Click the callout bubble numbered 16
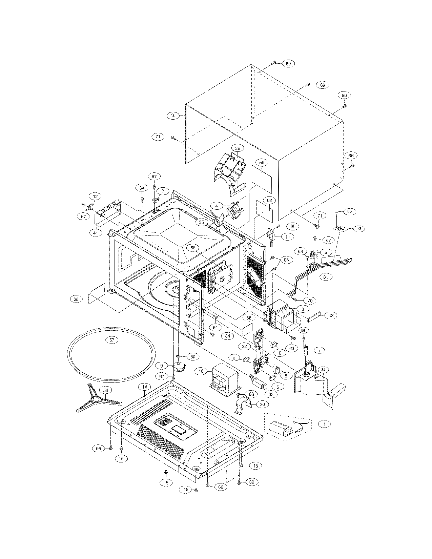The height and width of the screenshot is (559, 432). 173,116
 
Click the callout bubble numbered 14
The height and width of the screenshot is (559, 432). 145,387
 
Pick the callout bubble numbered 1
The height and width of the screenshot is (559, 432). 325,424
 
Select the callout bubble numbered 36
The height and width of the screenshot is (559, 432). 238,148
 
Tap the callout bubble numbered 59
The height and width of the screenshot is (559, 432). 262,163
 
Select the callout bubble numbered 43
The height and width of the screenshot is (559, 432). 331,315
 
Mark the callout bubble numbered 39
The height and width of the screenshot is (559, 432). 193,357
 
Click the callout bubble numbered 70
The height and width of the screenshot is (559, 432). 310,300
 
